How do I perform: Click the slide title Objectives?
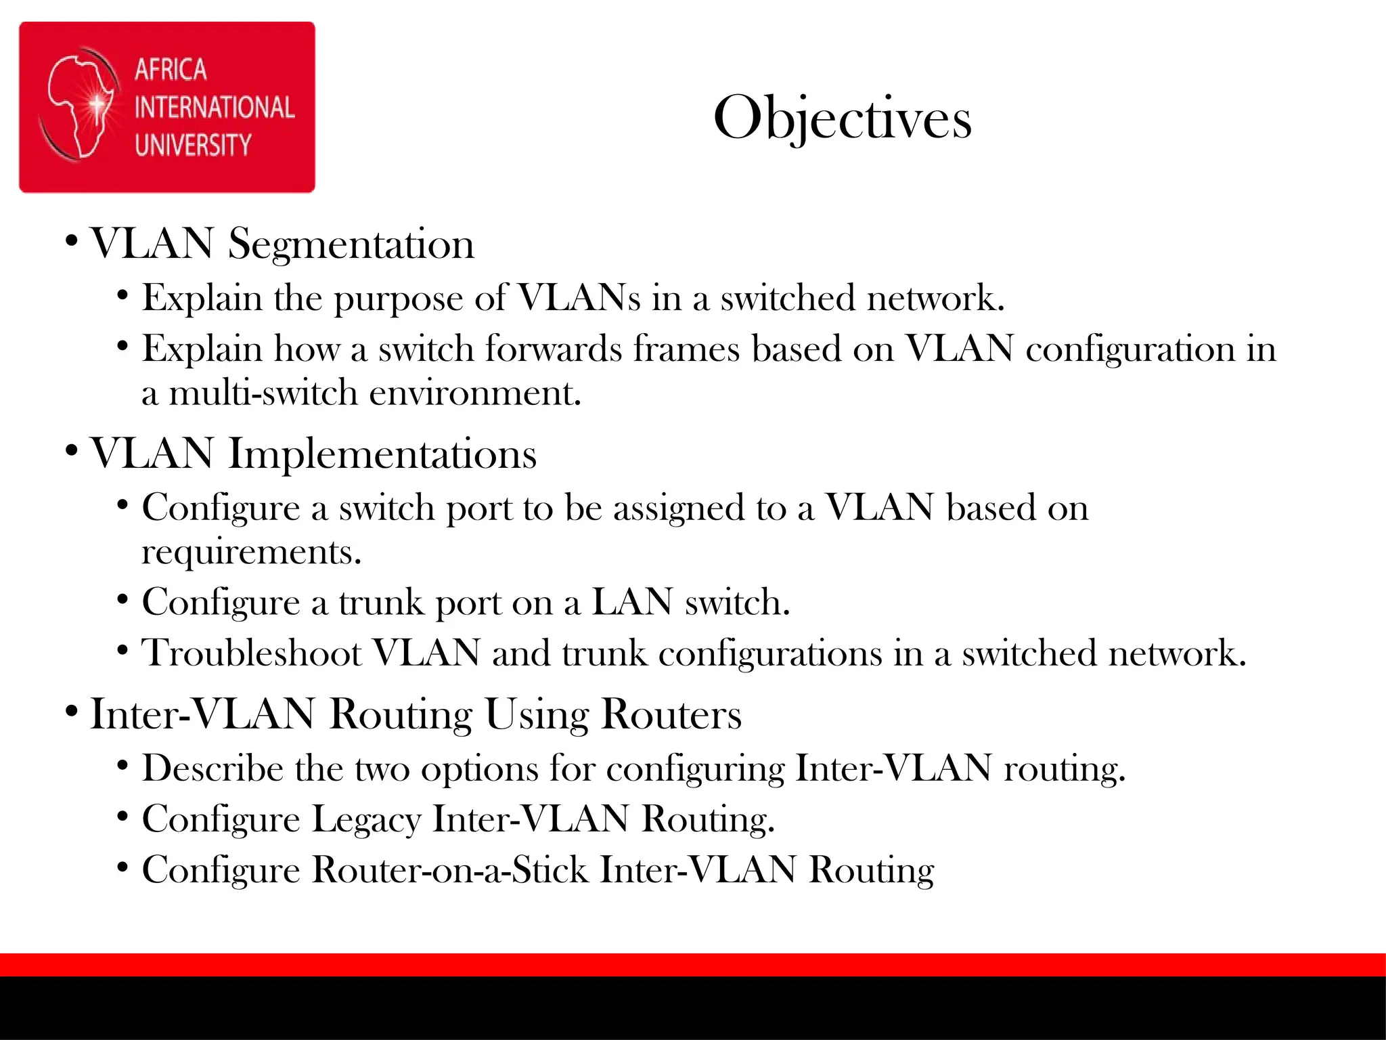pos(843,118)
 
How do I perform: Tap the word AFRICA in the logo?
pos(171,70)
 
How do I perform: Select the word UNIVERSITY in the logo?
pos(193,145)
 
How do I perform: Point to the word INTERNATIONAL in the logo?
pos(215,108)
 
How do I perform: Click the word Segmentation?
pos(351,244)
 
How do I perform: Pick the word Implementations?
pos(382,454)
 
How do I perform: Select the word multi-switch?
pos(263,393)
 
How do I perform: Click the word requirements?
pos(252,552)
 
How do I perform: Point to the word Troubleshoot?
pos(252,653)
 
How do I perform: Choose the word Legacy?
pos(366,819)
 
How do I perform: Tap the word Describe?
pos(213,768)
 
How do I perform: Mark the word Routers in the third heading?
pos(671,714)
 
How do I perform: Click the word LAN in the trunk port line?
pos(632,602)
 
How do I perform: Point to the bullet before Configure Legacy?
pos(122,817)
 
